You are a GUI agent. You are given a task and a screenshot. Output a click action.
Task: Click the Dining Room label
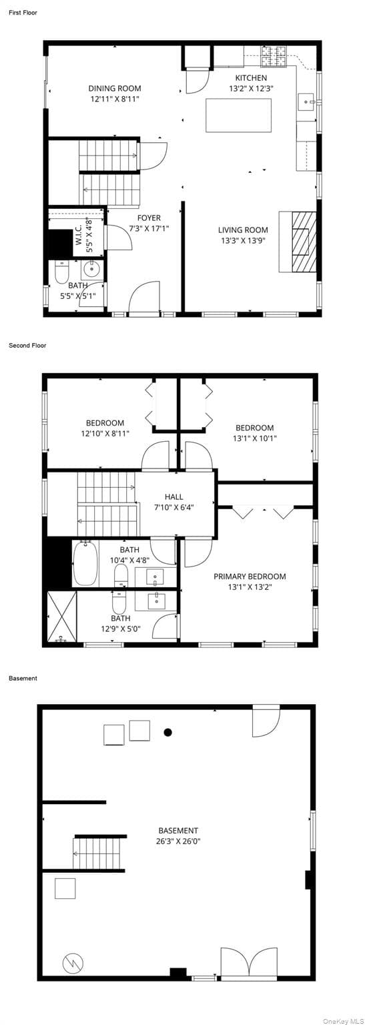[114, 88]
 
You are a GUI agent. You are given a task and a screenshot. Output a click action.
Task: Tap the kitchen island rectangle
[238, 115]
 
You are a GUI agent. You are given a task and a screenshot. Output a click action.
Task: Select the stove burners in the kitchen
[274, 55]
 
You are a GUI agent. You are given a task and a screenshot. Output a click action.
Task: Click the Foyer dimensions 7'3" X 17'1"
[149, 228]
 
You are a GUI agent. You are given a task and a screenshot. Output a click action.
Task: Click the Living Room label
[243, 230]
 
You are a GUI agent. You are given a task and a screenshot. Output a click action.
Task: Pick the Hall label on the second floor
[173, 496]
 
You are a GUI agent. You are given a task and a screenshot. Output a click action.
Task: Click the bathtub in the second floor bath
[85, 563]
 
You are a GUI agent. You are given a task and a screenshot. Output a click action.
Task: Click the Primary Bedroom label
[250, 577]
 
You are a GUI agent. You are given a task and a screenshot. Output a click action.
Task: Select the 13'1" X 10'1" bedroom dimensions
[255, 438]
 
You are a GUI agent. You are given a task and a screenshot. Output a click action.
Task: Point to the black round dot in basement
[168, 732]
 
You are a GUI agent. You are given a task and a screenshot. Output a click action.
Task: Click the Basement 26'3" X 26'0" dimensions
[178, 841]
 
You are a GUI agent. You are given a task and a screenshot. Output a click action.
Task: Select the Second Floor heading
[27, 346]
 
